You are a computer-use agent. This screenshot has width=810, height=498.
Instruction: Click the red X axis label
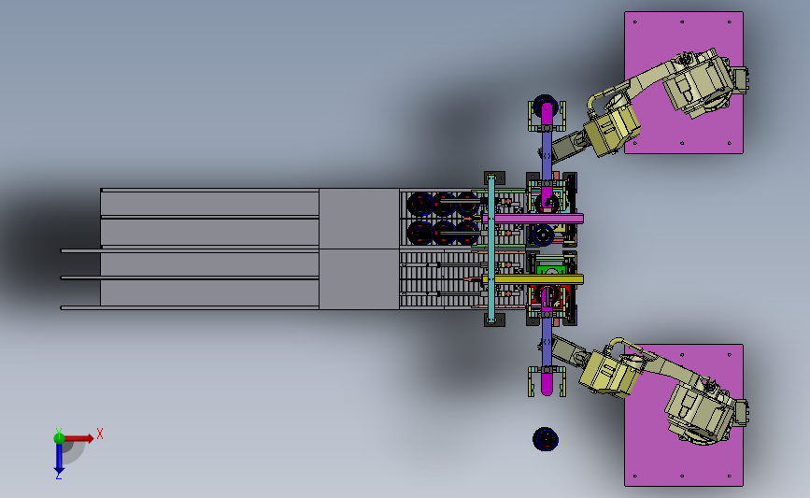[x=100, y=434]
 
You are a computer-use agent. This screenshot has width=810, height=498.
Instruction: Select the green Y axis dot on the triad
[x=60, y=438]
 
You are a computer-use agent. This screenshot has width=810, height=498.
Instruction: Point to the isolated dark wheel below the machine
[x=545, y=439]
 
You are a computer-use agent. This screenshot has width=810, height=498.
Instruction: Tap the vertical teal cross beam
[x=491, y=249]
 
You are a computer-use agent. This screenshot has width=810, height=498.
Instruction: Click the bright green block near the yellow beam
[x=549, y=270]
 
